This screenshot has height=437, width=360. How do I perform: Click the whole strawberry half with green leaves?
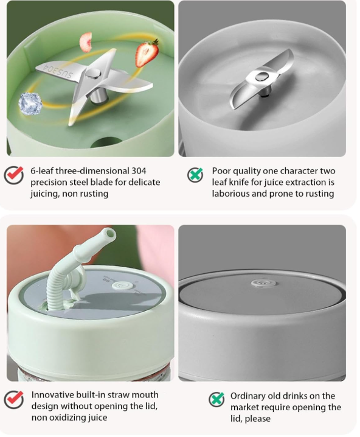point(147,53)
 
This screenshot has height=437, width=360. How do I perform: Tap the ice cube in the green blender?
point(30,103)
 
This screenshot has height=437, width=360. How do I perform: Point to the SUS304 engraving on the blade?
point(58,71)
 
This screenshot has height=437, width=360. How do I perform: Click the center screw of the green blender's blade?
point(94,74)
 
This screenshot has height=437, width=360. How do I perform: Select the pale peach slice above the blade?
point(86,42)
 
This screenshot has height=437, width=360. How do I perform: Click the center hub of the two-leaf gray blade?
point(262,77)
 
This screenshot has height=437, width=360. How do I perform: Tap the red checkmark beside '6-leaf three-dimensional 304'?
point(14,175)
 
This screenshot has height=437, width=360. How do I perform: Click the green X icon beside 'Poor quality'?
point(195,175)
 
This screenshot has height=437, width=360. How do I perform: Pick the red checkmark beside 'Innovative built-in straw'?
point(14,399)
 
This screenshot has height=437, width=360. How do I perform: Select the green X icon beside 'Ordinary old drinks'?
point(216,399)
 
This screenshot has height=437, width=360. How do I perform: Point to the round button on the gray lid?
point(263,283)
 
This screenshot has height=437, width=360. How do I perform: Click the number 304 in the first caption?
point(139,171)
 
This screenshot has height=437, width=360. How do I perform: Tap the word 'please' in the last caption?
point(257,419)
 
